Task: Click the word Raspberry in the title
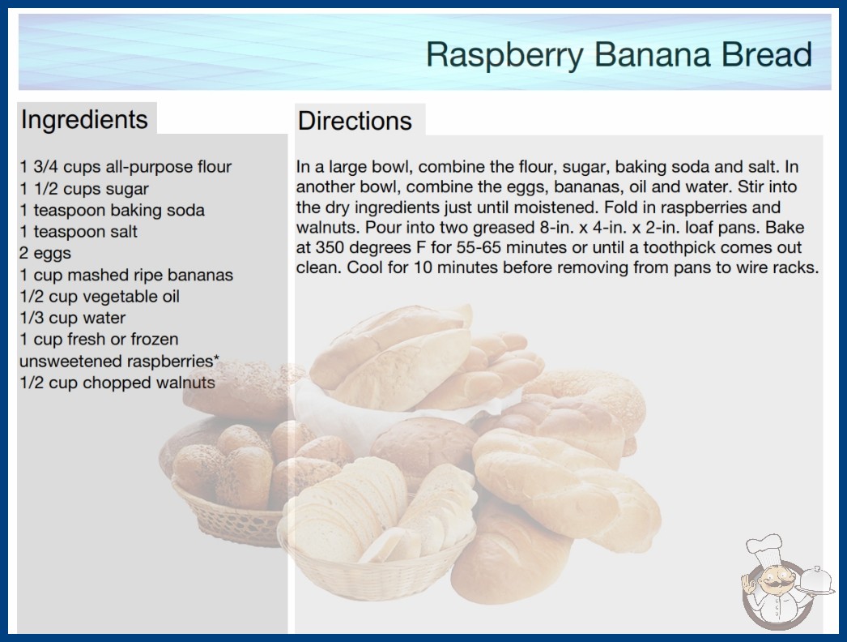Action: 504,56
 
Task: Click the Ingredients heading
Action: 84,120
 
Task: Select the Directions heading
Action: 355,121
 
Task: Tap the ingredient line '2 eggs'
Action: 45,253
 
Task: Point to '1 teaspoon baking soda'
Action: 113,210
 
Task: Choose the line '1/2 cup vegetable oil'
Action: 100,297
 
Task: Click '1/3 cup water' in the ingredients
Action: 72,318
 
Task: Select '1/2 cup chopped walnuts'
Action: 117,383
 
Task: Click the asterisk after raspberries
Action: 217,358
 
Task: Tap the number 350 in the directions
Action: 330,248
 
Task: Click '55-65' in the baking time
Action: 479,248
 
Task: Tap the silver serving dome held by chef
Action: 815,581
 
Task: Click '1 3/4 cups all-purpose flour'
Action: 126,167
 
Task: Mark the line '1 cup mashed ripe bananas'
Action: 126,275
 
